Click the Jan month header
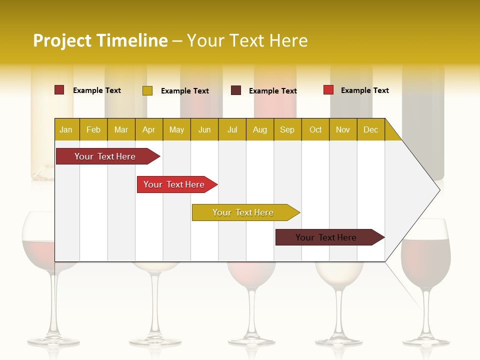pos(66,129)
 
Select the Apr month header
pos(148,129)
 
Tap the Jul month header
pos(232,129)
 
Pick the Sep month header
pos(287,129)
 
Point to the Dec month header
pos(370,129)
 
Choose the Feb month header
pos(93,129)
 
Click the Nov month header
pos(342,129)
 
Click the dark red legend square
pos(59,90)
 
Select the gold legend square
pos(147,90)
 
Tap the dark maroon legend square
pos(236,90)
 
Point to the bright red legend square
pos(328,90)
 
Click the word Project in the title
pos(62,40)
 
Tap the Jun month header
pos(204,129)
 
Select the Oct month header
pos(315,129)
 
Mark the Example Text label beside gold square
pos(185,91)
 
